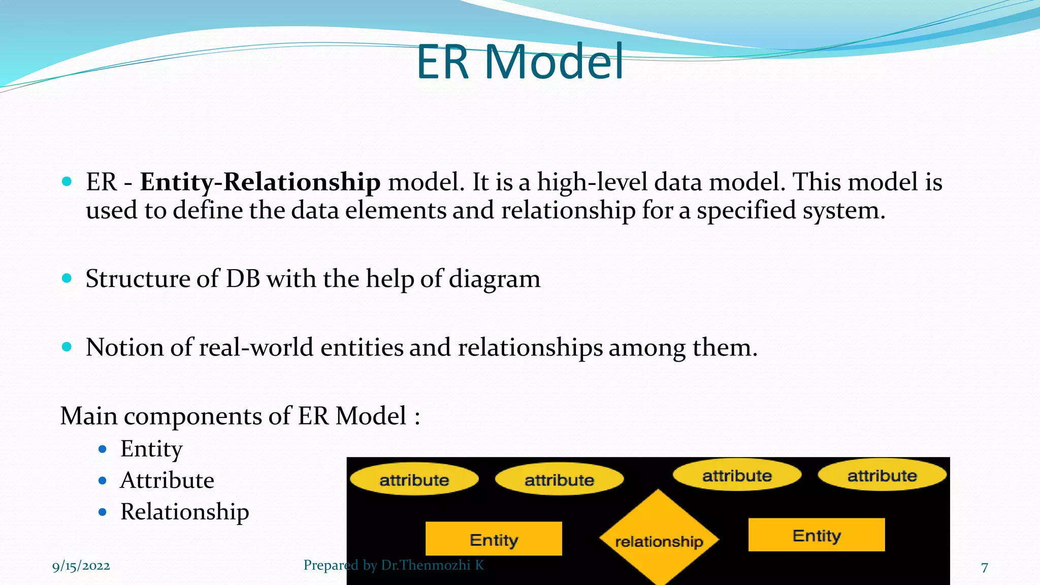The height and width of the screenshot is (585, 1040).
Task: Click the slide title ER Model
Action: [x=519, y=62]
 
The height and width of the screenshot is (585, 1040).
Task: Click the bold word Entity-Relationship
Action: [x=260, y=182]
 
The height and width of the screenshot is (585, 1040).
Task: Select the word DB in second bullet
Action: [x=243, y=279]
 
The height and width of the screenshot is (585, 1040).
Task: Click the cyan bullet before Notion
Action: [x=67, y=347]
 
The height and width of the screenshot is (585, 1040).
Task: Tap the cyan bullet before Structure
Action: [x=67, y=278]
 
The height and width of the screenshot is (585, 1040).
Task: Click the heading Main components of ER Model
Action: [x=240, y=416]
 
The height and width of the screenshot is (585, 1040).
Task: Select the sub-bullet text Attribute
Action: [x=167, y=480]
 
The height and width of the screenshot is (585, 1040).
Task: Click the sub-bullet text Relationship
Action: [x=184, y=512]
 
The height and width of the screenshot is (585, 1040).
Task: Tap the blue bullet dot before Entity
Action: [x=103, y=449]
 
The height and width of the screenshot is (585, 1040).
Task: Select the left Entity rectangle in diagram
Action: [x=494, y=539]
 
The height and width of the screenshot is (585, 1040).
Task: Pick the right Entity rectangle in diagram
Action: [x=816, y=535]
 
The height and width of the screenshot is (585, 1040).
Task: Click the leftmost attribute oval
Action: [x=414, y=479]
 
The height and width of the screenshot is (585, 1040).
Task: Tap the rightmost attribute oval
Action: [x=882, y=475]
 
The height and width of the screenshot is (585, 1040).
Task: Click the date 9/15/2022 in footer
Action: [x=81, y=566]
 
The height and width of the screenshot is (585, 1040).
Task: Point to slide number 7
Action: [x=984, y=567]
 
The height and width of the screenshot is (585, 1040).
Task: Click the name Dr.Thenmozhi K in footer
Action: [x=432, y=565]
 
